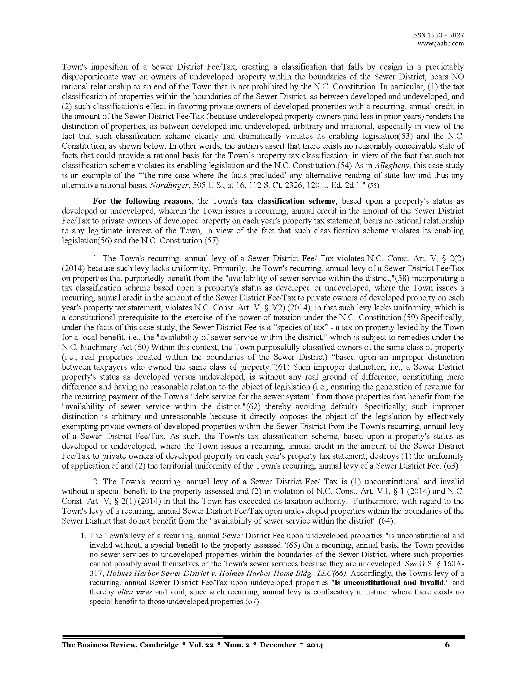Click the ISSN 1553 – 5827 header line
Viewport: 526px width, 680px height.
coord(438,36)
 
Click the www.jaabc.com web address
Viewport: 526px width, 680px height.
coord(440,44)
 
